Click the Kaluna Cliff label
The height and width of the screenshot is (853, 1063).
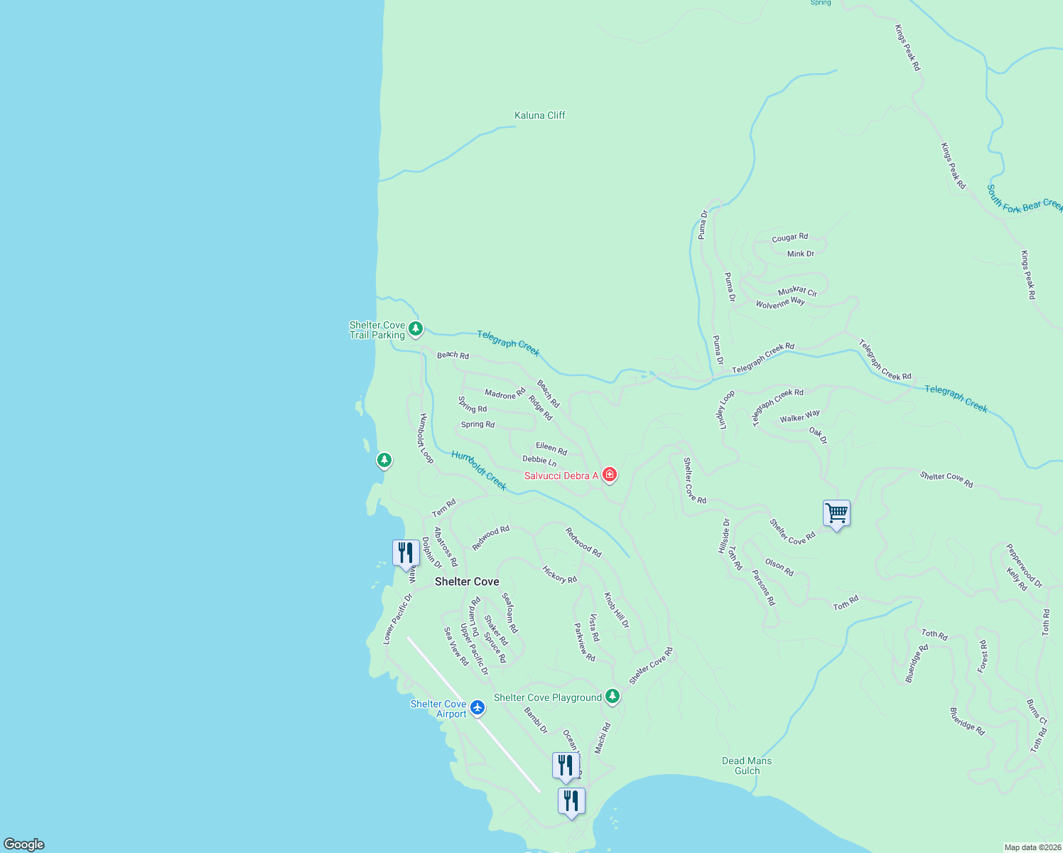(540, 115)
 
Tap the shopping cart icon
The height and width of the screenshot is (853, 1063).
(836, 513)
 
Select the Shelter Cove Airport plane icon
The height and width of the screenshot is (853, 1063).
(477, 707)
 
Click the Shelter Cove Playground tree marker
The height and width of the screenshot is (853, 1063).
(613, 697)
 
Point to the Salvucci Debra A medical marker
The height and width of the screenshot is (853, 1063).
(609, 474)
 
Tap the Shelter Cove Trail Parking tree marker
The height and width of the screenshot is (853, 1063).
(416, 328)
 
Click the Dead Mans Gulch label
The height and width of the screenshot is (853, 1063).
(747, 766)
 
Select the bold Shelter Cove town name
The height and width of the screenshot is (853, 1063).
(467, 581)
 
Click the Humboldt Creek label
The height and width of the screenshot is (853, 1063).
(479, 470)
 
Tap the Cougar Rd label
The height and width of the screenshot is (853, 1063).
(790, 237)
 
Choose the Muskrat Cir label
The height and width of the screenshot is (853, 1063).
(797, 291)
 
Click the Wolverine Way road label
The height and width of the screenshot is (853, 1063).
(780, 304)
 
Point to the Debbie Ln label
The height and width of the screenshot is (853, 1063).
(539, 461)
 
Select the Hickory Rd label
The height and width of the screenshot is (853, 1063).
(559, 574)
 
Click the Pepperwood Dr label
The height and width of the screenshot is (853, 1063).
(1024, 565)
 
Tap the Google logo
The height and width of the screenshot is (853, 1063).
(24, 844)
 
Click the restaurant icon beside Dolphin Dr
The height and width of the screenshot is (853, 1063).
(406, 553)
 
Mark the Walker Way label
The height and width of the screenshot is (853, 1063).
(799, 417)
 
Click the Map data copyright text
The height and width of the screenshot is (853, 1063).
(1032, 847)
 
